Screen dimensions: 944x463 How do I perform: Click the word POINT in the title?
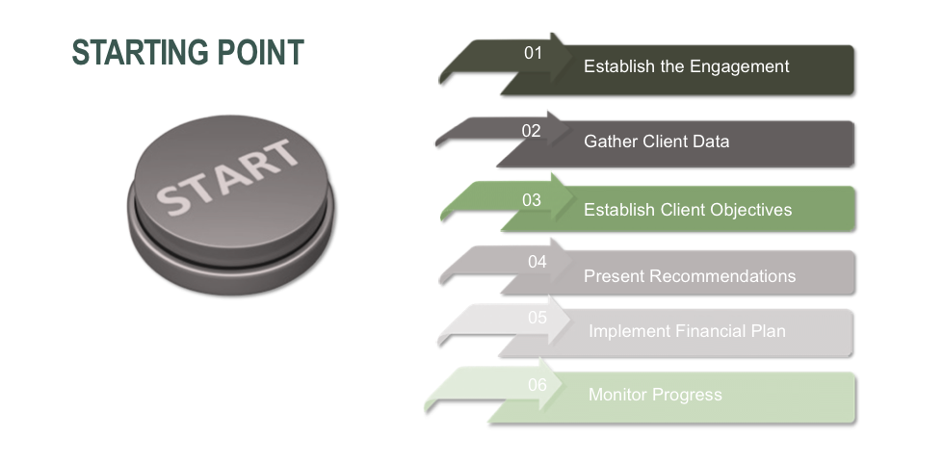261,52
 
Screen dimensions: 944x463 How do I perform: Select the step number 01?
533,53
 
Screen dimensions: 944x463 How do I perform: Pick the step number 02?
531,131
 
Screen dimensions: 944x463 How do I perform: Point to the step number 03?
532,199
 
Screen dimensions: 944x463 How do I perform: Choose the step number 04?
538,262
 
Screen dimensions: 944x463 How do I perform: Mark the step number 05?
538,317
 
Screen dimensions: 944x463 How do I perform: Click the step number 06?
538,384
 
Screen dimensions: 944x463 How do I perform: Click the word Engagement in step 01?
740,66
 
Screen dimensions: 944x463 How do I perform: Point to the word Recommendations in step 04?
723,276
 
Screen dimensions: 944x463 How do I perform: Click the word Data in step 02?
711,141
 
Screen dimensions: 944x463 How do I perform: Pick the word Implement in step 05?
629,332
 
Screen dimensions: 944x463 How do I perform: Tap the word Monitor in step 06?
618,395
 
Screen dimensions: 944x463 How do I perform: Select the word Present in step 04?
615,276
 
